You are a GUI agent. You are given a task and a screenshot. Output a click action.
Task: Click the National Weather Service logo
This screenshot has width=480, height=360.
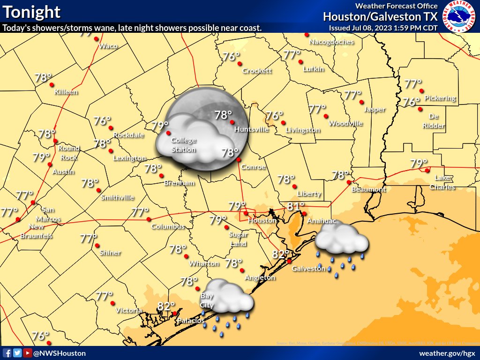tap(459, 17)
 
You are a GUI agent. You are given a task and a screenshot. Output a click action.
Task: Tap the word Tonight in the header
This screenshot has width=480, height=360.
tap(32, 12)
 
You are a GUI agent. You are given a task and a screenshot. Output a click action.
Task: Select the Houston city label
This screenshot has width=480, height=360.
tap(262, 220)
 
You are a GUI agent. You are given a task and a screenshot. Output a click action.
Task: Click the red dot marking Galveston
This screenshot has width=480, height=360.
tap(290, 261)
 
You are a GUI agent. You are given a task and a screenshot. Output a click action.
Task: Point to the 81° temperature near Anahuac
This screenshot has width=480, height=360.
tap(296, 206)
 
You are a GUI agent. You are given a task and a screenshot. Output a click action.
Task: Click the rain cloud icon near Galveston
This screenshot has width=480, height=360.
tap(341, 241)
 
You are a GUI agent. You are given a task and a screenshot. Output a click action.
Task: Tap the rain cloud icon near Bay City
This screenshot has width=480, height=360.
tap(228, 298)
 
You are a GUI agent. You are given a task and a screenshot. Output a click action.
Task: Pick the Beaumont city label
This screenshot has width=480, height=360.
tap(369, 189)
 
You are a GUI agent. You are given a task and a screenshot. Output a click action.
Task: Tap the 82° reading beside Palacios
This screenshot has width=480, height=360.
tap(166, 307)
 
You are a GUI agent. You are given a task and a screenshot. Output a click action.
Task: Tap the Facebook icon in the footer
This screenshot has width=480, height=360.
tap(7, 353)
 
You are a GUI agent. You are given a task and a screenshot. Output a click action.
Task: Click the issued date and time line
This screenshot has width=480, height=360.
tap(383, 28)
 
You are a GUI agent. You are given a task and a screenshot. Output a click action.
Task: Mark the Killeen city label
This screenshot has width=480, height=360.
tap(66, 92)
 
